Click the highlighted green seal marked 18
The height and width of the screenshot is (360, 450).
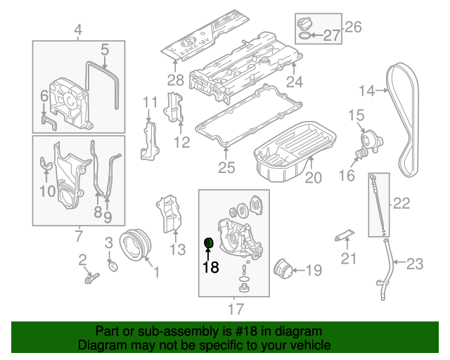[x=208, y=243]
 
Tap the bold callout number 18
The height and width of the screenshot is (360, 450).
[x=210, y=267]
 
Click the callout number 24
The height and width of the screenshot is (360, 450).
[x=294, y=82]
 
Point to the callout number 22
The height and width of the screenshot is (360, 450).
[x=401, y=204]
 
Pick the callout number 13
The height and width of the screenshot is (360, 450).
[x=177, y=249]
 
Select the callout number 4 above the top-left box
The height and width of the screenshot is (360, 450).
[x=78, y=30]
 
